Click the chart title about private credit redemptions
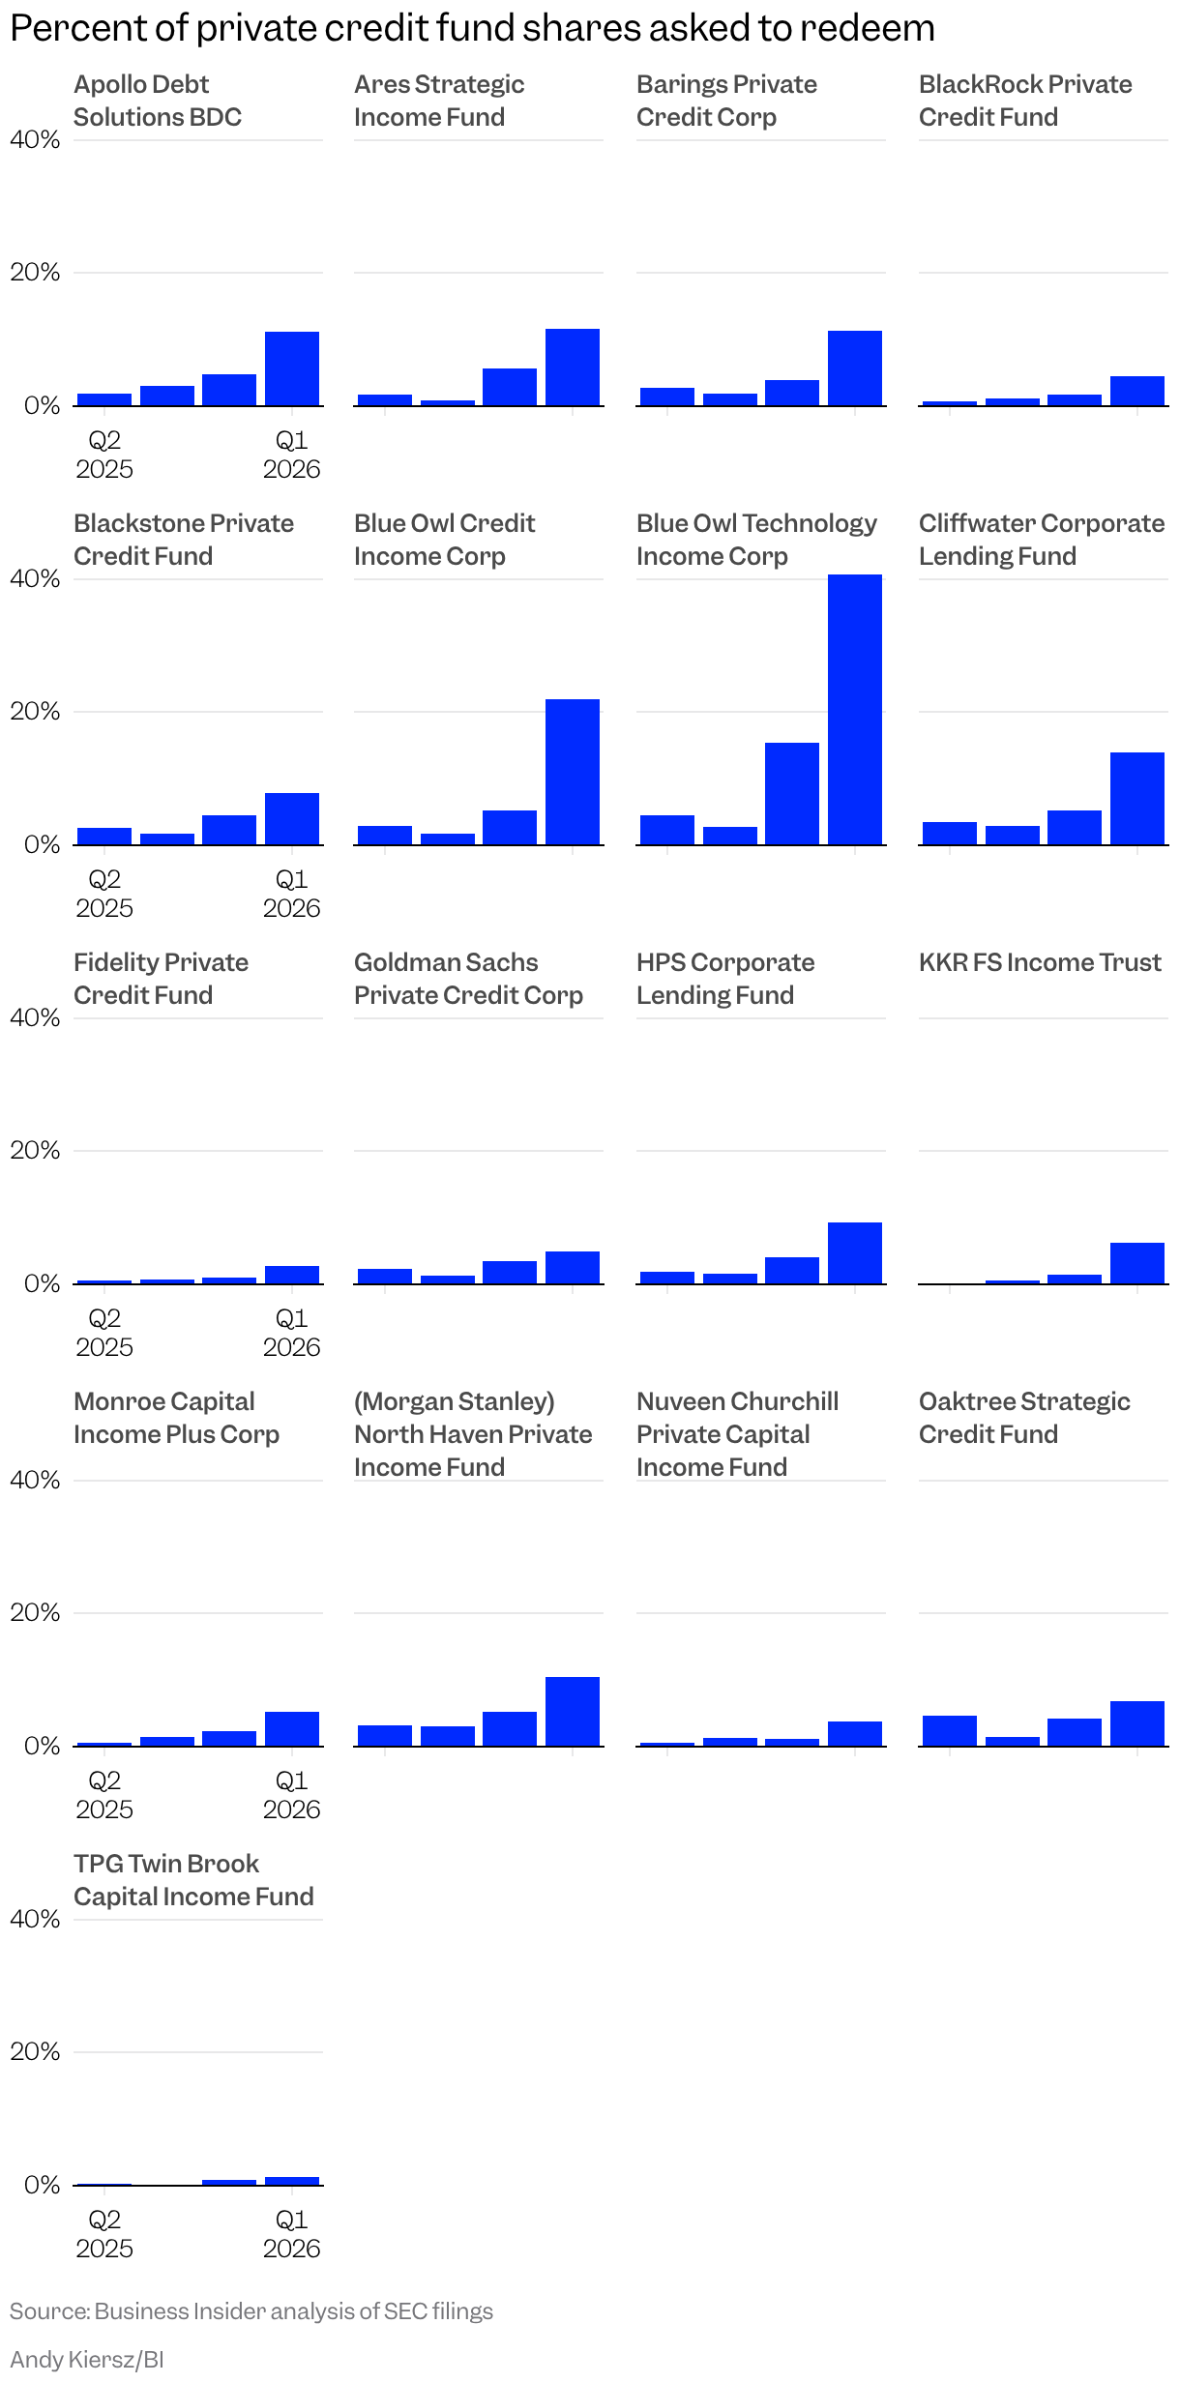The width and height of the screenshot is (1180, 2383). (472, 28)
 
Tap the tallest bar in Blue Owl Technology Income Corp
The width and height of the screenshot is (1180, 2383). (854, 709)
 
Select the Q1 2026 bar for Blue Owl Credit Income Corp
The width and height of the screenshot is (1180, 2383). (572, 772)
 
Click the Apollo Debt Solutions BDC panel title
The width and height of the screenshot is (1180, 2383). (157, 101)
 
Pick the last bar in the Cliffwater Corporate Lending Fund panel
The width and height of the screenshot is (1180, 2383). (1136, 798)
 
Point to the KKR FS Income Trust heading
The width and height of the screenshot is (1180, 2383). (1040, 962)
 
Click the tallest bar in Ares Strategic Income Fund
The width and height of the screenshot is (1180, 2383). (572, 368)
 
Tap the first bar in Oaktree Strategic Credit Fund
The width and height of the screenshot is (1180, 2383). (949, 1730)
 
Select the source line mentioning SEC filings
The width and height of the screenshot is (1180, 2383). (251, 2310)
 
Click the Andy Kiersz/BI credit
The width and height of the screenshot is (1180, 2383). (87, 2359)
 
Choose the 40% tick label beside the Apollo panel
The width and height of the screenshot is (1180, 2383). (35, 140)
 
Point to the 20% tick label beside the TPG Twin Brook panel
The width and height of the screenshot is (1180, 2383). (35, 2051)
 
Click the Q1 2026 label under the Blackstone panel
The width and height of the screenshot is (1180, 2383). (291, 894)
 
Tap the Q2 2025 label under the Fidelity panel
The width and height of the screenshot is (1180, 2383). (104, 1333)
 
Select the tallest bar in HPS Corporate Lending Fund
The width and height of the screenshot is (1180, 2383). (854, 1253)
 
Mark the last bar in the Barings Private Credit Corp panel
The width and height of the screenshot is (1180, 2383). (854, 368)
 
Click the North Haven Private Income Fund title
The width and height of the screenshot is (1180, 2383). (472, 1434)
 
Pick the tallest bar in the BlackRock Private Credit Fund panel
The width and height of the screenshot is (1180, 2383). (1136, 391)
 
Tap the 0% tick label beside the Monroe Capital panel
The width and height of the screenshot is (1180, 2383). (42, 1746)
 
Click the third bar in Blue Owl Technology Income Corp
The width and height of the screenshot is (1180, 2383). (791, 794)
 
